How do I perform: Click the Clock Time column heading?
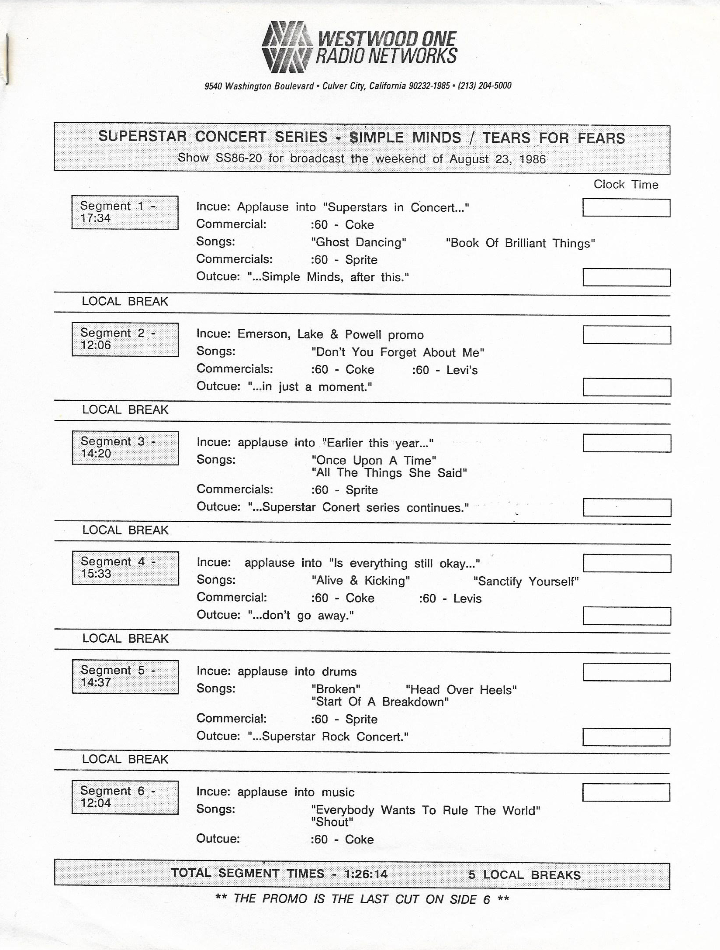(625, 184)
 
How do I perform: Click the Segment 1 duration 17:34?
(95, 218)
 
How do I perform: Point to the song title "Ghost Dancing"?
(359, 242)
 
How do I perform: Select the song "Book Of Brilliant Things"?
(520, 243)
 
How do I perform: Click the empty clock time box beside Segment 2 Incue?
(627, 335)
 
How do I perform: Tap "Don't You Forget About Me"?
(398, 352)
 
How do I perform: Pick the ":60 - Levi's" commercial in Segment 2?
(445, 370)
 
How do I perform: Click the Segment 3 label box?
(125, 448)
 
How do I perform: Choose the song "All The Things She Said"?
(389, 473)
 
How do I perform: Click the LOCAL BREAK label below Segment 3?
(125, 530)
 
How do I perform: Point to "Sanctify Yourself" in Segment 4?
(526, 582)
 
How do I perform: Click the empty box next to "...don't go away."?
(627, 616)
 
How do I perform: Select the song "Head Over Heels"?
(461, 690)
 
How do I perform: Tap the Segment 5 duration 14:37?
(96, 682)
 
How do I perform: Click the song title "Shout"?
(332, 822)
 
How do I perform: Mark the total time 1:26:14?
(366, 874)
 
